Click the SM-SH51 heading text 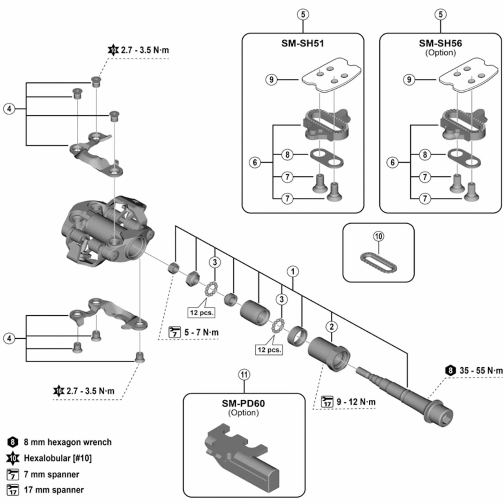pyautogui.click(x=303, y=44)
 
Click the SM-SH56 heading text pyautogui.click(x=440, y=44)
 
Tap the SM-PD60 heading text pyautogui.click(x=243, y=404)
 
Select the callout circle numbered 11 pyautogui.click(x=244, y=375)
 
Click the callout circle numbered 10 pyautogui.click(x=378, y=236)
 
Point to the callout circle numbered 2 pyautogui.click(x=331, y=327)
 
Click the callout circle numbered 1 pyautogui.click(x=293, y=271)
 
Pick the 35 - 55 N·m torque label pyautogui.click(x=481, y=370)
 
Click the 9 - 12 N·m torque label pyautogui.click(x=356, y=402)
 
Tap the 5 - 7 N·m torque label pyautogui.click(x=201, y=332)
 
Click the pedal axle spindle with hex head pyautogui.click(x=408, y=394)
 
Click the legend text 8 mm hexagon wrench pyautogui.click(x=68, y=442)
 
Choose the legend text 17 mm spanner pyautogui.click(x=54, y=490)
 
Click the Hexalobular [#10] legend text pyautogui.click(x=58, y=458)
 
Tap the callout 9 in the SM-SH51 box pyautogui.click(x=272, y=80)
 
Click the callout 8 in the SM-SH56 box pyautogui.click(x=424, y=154)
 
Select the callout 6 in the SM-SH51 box pyautogui.click(x=255, y=163)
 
